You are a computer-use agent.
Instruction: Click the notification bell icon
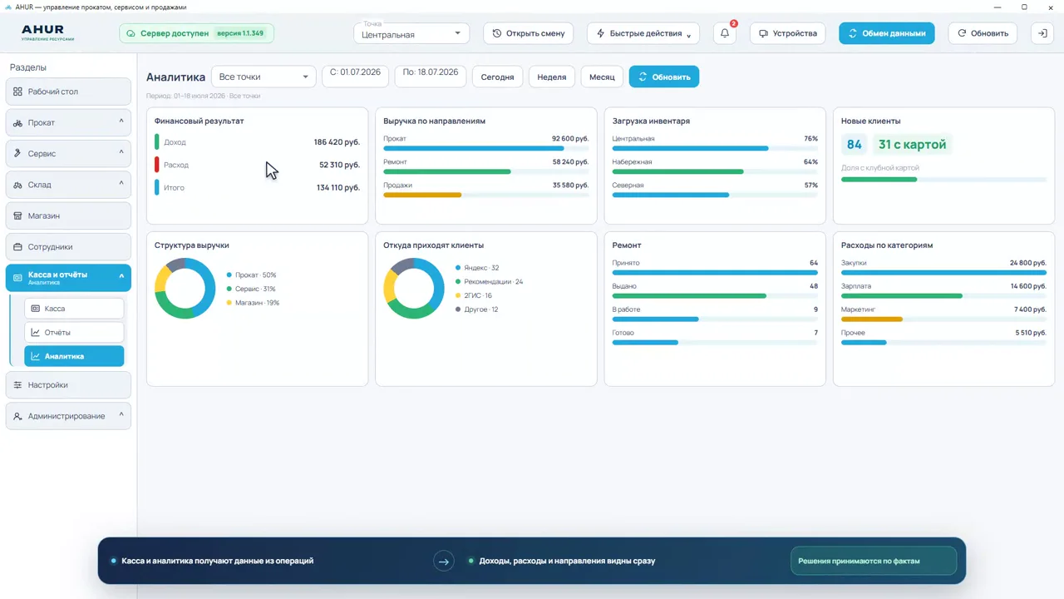pos(724,33)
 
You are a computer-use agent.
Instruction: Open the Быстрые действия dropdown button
pos(643,33)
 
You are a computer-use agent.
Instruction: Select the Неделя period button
pos(551,77)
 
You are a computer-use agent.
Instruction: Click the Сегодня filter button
pos(497,77)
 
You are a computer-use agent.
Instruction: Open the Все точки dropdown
pos(264,77)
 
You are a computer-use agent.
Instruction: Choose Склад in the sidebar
pos(68,185)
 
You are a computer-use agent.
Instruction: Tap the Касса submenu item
pos(74,309)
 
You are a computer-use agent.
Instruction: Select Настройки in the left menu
pos(68,384)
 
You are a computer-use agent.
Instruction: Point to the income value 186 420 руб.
pos(337,141)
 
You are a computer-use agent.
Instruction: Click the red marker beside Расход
pos(157,165)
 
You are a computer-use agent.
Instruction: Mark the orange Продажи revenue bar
pos(422,195)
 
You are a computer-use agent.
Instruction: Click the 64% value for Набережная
pos(810,161)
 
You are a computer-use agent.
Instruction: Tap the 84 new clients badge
pos(854,144)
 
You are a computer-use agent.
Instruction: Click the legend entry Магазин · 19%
pos(254,302)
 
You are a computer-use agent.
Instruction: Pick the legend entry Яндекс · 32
pos(477,268)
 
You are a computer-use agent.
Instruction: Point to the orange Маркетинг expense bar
pos(872,319)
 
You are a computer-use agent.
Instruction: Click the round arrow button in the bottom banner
pos(444,562)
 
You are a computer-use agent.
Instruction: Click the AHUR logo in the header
pos(47,32)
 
